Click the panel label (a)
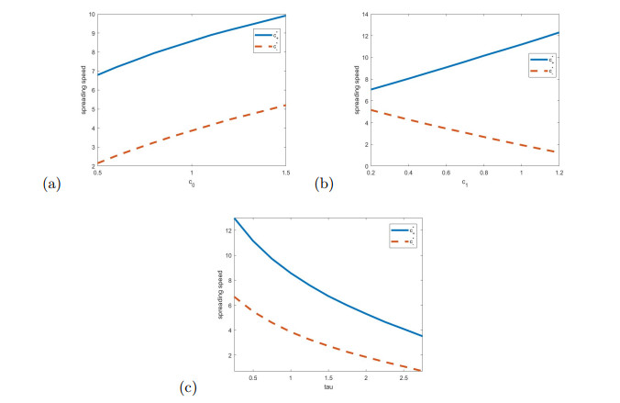coord(50,184)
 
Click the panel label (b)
coord(324,184)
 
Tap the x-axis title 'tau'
coord(328,387)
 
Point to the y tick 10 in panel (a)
coord(91,15)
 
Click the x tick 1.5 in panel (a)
coord(286,173)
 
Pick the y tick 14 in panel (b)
coord(364,15)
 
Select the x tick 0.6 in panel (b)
coord(446,173)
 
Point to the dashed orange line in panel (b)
coord(446,127)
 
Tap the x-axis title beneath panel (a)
coord(192,183)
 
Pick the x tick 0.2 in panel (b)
coord(371,173)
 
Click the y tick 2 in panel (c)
coord(227,354)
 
